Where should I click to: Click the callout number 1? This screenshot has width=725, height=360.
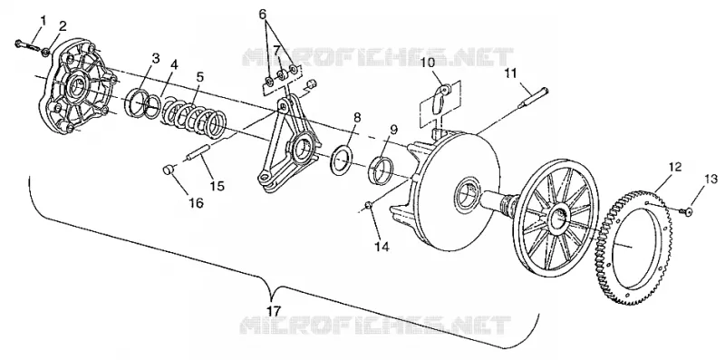(43, 20)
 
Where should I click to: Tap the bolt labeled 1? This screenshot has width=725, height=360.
(27, 45)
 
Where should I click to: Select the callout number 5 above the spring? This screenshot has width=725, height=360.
(199, 77)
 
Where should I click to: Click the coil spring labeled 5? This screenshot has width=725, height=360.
(193, 117)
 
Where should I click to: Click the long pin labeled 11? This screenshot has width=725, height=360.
(533, 98)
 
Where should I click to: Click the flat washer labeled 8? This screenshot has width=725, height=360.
(343, 160)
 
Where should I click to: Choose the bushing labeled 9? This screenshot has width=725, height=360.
(382, 170)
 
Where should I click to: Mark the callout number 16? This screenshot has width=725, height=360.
(197, 203)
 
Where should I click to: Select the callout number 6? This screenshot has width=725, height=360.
(263, 15)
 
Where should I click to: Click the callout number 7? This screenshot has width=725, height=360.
(276, 50)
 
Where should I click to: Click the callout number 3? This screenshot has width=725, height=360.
(156, 58)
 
